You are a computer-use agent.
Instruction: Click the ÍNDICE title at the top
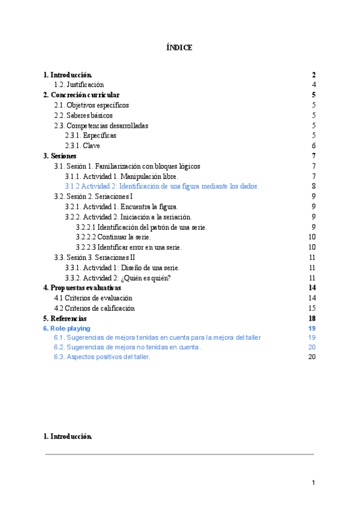(179, 47)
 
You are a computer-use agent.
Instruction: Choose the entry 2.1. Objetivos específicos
(91, 105)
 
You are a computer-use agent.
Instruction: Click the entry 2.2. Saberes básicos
(83, 115)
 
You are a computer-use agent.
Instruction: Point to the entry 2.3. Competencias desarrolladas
(101, 125)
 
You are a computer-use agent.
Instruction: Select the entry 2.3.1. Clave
(82, 146)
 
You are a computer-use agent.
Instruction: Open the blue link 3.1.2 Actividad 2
(161, 187)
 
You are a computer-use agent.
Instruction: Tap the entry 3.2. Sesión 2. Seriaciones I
(94, 196)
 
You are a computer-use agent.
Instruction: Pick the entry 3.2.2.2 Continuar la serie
(113, 237)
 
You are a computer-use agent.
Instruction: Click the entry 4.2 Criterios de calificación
(94, 309)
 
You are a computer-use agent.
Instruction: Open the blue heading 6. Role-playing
(67, 329)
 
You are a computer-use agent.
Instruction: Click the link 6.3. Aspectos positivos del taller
(102, 357)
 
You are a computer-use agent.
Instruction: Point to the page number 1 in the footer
(313, 483)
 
